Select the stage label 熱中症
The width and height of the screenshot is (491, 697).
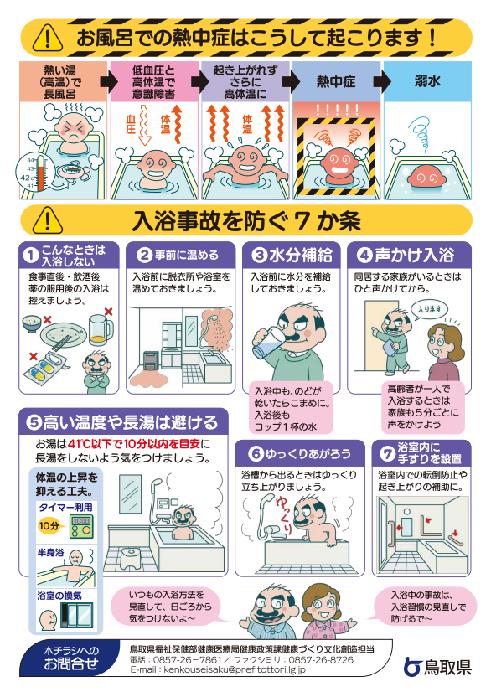336,82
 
